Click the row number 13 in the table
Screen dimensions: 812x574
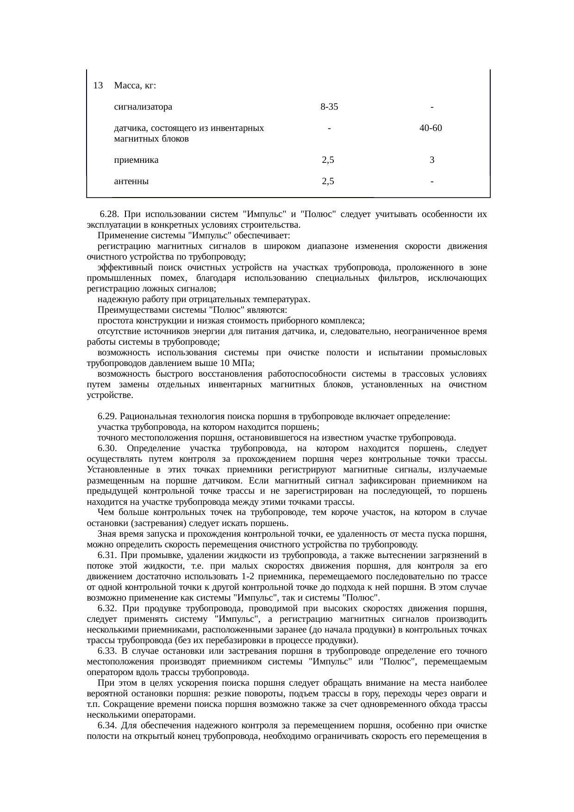[x=98, y=86]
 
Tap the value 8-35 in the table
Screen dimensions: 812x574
[x=329, y=107]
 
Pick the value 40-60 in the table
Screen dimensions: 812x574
[x=431, y=128]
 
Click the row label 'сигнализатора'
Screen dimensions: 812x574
[x=143, y=107]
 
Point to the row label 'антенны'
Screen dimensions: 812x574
[x=131, y=181]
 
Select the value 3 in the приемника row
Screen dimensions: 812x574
[x=431, y=160]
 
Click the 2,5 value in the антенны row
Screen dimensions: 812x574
[x=328, y=181]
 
